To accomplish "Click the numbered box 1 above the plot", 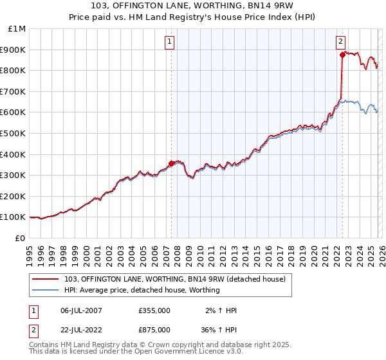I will coord(170,42).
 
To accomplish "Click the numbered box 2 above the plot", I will coord(340,42).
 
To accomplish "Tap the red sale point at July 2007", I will coord(171,163).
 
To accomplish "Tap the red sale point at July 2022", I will coord(342,55).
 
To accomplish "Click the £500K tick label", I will coord(14,133).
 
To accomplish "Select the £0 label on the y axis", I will coord(21,238).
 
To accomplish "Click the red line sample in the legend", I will coord(47,278).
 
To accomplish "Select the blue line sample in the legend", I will coord(47,290).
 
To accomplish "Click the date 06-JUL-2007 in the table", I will coord(80,310).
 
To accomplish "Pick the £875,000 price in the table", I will coord(154,331).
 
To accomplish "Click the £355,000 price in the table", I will coord(154,310).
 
